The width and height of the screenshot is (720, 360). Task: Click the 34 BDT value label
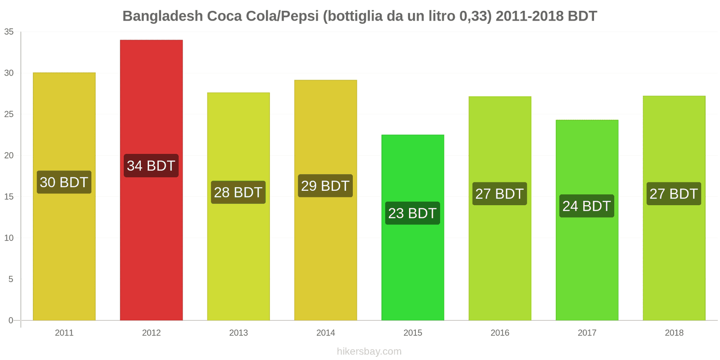[151, 166]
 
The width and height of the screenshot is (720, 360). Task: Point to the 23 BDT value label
[413, 213]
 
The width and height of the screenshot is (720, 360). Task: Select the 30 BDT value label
[64, 182]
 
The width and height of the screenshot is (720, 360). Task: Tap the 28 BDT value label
[238, 193]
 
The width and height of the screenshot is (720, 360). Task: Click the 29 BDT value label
[325, 186]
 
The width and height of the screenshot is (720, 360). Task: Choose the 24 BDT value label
[587, 206]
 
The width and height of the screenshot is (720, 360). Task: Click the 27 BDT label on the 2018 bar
[674, 194]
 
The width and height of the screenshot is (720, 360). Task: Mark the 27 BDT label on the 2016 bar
[499, 194]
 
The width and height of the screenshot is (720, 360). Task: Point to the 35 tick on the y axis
[9, 32]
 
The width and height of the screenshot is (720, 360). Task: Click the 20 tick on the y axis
[9, 156]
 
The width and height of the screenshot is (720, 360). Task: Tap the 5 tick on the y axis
[11, 279]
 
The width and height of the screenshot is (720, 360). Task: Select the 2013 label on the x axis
[238, 333]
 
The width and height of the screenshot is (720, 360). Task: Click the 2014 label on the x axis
[325, 333]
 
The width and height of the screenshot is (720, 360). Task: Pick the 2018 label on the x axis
[674, 333]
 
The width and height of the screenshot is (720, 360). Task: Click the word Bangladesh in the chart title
[162, 16]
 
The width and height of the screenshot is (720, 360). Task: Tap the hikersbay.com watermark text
[369, 351]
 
